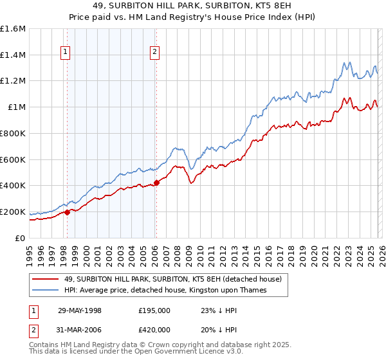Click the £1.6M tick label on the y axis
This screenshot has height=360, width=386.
coord(13,29)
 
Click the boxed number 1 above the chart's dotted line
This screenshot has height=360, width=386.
coord(67,53)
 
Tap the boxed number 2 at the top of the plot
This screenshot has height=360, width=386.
coord(156,53)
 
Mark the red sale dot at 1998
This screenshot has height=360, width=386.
coord(68,212)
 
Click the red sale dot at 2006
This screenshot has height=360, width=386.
coord(156,183)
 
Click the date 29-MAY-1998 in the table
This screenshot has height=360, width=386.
coord(80,310)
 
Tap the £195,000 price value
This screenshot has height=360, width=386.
coord(154,310)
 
